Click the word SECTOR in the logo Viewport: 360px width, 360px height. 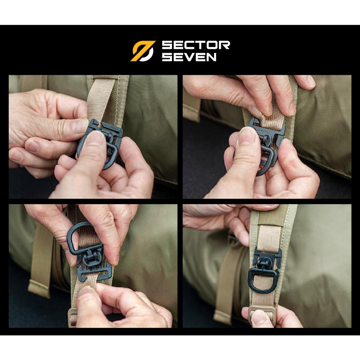point(196,45)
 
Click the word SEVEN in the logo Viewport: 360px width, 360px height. point(189,57)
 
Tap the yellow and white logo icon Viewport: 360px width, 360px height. point(143,51)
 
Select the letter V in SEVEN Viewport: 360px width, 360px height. point(189,57)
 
